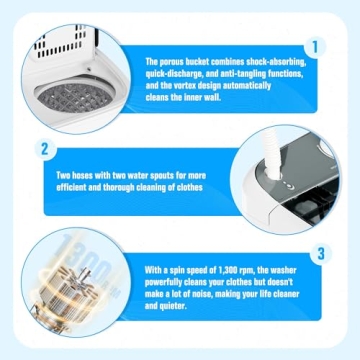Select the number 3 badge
[321, 253]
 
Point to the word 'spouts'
[176, 176]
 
